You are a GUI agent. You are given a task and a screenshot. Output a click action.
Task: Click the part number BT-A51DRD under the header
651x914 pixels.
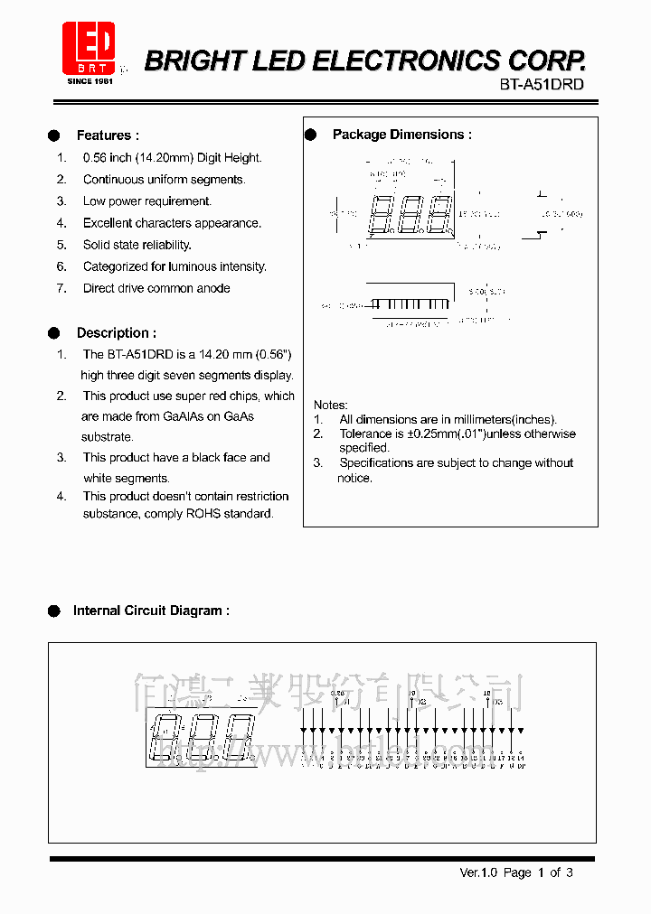[x=542, y=84]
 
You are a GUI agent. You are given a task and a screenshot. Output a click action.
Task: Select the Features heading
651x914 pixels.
[x=108, y=135]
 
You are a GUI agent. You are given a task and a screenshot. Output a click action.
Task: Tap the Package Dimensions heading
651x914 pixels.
[x=401, y=135]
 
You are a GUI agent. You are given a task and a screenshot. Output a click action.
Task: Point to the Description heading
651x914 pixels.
[x=116, y=333]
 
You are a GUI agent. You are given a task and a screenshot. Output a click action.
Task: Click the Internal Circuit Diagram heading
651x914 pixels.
[x=151, y=611]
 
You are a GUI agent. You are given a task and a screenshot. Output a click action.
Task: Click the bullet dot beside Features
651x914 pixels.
[x=54, y=135]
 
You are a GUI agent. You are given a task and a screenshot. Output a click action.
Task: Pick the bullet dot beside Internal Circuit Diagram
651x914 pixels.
[x=54, y=611]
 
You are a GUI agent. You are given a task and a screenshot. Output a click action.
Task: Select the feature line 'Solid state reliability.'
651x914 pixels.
[x=137, y=245]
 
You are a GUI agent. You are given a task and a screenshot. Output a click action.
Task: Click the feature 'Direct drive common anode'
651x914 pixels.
[x=156, y=288]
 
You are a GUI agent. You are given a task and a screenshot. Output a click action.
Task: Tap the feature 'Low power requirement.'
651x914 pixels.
[x=146, y=201]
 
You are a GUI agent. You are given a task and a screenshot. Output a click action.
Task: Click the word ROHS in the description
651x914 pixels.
[x=203, y=514]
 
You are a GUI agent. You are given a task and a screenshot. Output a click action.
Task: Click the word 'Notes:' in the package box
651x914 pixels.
[x=330, y=405]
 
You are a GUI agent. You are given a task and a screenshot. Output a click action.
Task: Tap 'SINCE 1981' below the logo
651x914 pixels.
[x=90, y=81]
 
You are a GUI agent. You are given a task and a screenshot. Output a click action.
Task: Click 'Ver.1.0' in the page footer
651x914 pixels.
[x=477, y=872]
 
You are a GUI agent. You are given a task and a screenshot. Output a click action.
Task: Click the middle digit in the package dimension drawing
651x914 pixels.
[x=412, y=215]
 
